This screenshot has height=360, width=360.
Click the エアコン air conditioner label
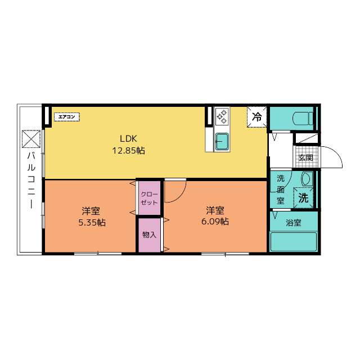pyautogui.click(x=67, y=117)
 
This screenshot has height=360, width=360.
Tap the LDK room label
pyautogui.click(x=128, y=139)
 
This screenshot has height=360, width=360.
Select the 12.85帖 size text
pyautogui.click(x=128, y=151)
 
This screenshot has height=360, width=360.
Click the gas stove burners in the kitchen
pyautogui.click(x=222, y=116)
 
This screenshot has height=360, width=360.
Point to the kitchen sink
pyautogui.click(x=222, y=141)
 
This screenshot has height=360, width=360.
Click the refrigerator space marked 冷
pyautogui.click(x=257, y=117)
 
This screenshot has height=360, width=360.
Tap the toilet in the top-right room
pyautogui.click(x=303, y=119)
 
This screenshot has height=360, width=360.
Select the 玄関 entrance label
pyautogui.click(x=306, y=157)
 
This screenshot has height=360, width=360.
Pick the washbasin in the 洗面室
pyautogui.click(x=307, y=179)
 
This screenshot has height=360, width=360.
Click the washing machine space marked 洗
pyautogui.click(x=303, y=198)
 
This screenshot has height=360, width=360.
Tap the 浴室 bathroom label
pyautogui.click(x=294, y=223)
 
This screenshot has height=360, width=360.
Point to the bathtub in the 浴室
pyautogui.click(x=294, y=242)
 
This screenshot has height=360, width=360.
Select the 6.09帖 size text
pyautogui.click(x=215, y=222)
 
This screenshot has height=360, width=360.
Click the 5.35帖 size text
pyautogui.click(x=92, y=223)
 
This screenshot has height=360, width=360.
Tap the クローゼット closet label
pyautogui.click(x=149, y=199)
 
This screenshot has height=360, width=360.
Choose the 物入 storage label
pyautogui.click(x=149, y=235)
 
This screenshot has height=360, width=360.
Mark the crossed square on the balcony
pyautogui.click(x=31, y=139)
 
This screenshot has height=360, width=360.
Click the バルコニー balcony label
pyautogui.click(x=31, y=181)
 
